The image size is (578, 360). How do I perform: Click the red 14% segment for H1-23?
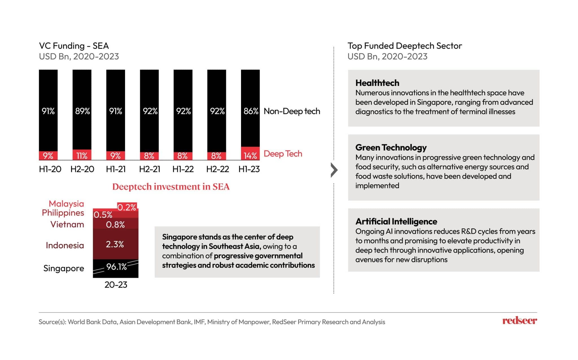tap(250, 154)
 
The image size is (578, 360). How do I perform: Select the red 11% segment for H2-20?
tap(82, 155)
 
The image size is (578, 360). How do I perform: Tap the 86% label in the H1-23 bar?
tap(251, 111)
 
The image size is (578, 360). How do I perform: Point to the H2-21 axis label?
tap(150, 169)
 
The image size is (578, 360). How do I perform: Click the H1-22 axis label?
tap(183, 169)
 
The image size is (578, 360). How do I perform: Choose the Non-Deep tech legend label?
tap(292, 111)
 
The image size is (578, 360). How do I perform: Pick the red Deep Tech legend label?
tap(283, 154)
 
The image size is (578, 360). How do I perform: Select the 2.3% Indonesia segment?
tap(115, 244)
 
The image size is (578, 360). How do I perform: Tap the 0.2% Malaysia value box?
tap(127, 207)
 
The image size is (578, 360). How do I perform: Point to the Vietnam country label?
tap(67, 225)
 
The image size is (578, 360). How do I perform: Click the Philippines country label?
tap(63, 213)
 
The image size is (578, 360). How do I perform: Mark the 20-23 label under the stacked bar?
tap(116, 285)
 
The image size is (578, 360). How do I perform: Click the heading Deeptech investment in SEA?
tap(171, 187)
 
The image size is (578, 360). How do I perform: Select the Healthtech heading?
tap(377, 83)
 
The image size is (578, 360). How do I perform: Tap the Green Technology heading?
tap(391, 148)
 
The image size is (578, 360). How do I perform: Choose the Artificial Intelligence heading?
tap(396, 221)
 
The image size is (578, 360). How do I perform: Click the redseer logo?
tap(519, 321)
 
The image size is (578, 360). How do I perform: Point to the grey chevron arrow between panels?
tap(334, 170)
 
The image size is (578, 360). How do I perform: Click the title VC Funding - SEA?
tap(74, 46)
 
